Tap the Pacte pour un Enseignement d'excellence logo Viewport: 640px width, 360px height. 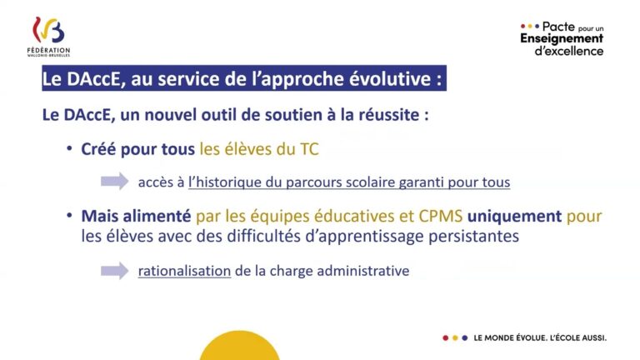(562, 38)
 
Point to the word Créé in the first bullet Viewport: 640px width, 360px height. (98, 149)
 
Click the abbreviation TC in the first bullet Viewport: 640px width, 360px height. (308, 149)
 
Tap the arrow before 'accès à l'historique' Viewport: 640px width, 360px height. (114, 181)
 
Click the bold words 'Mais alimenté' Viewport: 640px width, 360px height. (137, 216)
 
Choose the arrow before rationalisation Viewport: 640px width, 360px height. (114, 271)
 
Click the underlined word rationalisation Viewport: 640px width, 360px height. (184, 271)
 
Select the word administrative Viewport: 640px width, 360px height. (360, 271)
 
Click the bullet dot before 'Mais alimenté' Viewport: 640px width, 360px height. (71, 217)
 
